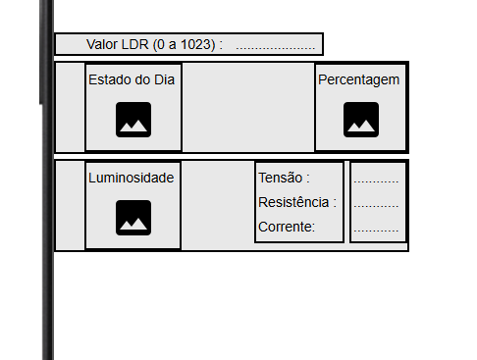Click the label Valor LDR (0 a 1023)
tap(154, 44)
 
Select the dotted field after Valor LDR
tap(275, 45)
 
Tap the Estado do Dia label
tap(132, 79)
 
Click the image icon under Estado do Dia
tap(132, 119)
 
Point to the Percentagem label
tap(359, 79)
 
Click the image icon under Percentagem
tap(360, 119)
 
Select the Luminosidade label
tap(132, 178)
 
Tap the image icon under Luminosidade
tap(132, 217)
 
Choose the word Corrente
tap(286, 227)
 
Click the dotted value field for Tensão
tap(376, 180)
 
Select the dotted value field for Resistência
tap(376, 204)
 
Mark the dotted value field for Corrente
tap(376, 229)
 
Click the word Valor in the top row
tap(102, 44)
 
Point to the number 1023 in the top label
tap(197, 44)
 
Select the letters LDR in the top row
tap(133, 44)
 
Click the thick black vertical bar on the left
tap(47, 196)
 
